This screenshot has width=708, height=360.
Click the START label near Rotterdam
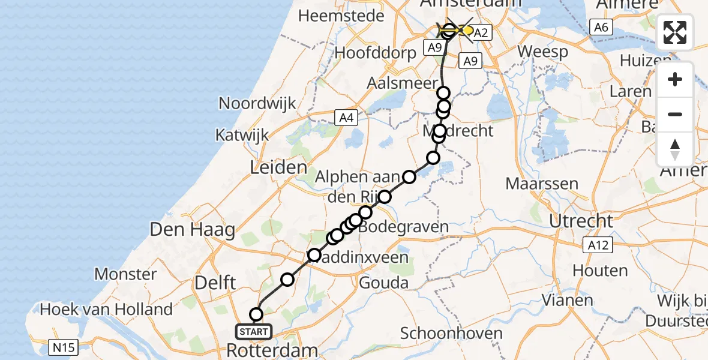pyautogui.click(x=254, y=331)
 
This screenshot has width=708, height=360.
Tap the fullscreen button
pyautogui.click(x=675, y=32)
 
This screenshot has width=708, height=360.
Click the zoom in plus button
pyautogui.click(x=675, y=79)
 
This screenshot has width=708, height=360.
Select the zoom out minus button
pyautogui.click(x=675, y=114)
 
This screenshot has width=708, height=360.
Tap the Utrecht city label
pyautogui.click(x=581, y=221)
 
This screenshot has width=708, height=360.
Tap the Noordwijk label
pyautogui.click(x=257, y=103)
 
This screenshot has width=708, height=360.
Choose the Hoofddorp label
pyautogui.click(x=376, y=52)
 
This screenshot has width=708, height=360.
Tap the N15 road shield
pyautogui.click(x=60, y=346)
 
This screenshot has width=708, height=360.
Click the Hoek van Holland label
pyautogui.click(x=106, y=310)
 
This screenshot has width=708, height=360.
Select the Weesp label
pyautogui.click(x=542, y=52)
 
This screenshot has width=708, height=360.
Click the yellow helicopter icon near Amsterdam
pyautogui.click(x=458, y=29)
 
